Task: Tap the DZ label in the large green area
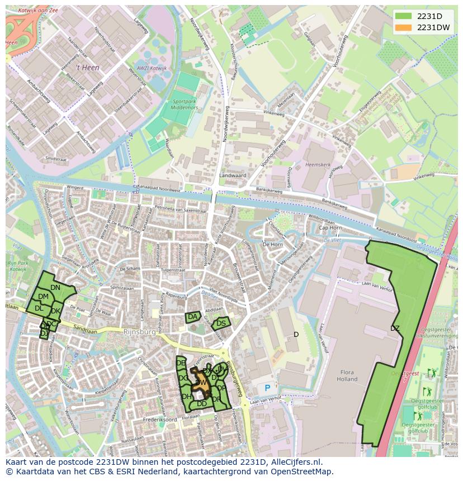tap(395, 328)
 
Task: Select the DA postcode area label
tap(193, 317)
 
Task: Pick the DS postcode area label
tap(221, 323)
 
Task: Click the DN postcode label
tap(55, 288)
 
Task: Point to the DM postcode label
tap(43, 296)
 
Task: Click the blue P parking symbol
tap(267, 388)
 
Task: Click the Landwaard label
tap(233, 175)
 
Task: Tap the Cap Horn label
tap(330, 228)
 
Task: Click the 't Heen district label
tap(88, 67)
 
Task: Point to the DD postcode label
tap(202, 403)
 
